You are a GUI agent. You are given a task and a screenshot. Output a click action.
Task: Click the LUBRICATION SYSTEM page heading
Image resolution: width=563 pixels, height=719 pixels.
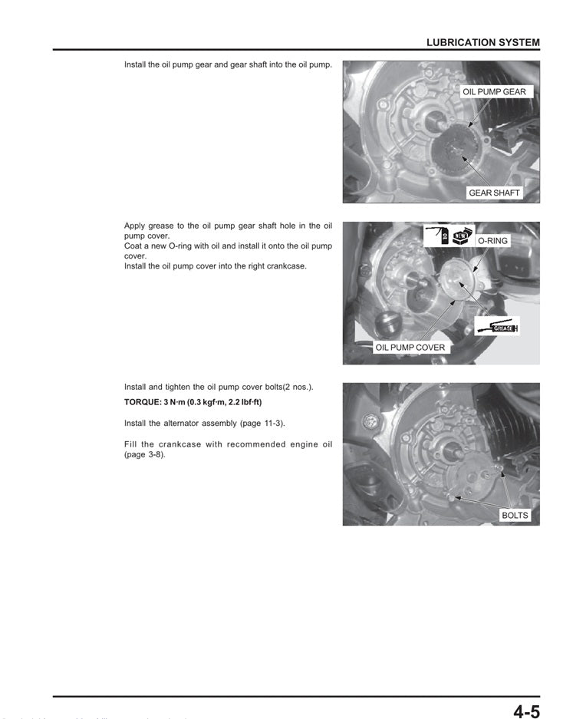click(482, 43)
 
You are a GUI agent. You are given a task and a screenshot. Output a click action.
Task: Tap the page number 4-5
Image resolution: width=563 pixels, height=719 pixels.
click(526, 711)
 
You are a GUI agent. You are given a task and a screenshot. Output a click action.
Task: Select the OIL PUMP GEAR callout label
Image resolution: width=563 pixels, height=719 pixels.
click(494, 91)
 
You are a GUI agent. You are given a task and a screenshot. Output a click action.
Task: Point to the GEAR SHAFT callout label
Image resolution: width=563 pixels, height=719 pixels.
click(494, 193)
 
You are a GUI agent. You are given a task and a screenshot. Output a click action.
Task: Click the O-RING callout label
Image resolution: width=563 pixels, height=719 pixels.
click(492, 241)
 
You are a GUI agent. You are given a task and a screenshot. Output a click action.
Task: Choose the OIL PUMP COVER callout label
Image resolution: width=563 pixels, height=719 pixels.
click(410, 348)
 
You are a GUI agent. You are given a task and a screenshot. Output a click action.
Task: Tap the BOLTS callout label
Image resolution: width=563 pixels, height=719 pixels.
click(515, 515)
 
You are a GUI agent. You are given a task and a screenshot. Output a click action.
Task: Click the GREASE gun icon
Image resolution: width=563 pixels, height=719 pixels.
click(497, 327)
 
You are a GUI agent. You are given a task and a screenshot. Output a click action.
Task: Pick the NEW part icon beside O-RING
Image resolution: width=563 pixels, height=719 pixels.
click(461, 236)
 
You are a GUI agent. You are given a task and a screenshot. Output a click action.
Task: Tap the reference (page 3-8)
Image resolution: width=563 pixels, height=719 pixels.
click(144, 454)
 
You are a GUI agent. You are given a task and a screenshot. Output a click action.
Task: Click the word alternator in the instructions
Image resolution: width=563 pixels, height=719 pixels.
click(189, 423)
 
